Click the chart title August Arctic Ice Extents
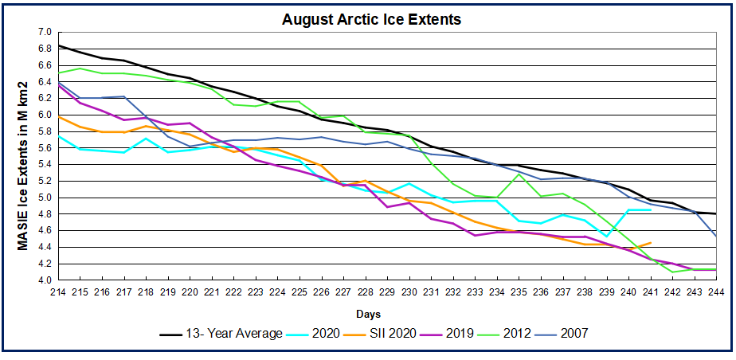pyautogui.click(x=371, y=19)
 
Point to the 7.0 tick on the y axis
pyautogui.click(x=44, y=32)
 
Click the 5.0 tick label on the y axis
pyautogui.click(x=44, y=198)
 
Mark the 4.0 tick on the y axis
pyautogui.click(x=44, y=280)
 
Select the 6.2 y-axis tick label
pyautogui.click(x=44, y=98)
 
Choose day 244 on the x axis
pyautogui.click(x=717, y=291)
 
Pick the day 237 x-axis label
pyautogui.click(x=563, y=291)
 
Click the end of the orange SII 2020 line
pyautogui.click(x=651, y=242)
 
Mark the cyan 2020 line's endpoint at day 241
pyautogui.click(x=651, y=209)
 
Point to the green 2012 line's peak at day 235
pyautogui.click(x=519, y=174)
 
